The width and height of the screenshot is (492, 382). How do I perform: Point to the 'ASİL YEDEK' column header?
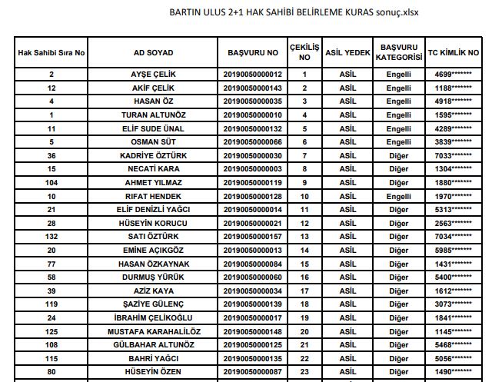click(345, 53)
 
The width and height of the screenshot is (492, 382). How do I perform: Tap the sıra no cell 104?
click(52, 183)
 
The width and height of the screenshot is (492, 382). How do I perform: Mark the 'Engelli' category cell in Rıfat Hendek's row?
click(399, 196)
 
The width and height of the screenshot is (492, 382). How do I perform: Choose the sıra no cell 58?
click(52, 277)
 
